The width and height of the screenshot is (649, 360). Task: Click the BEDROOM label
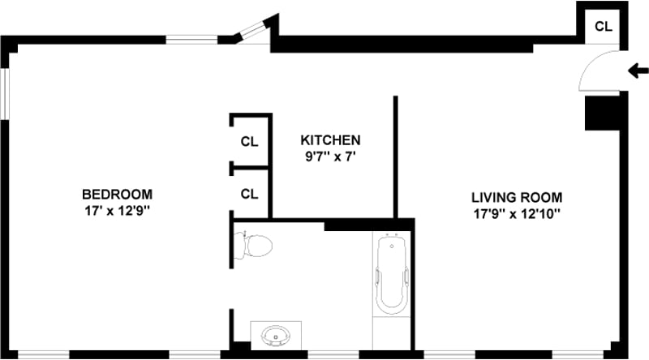coord(117,195)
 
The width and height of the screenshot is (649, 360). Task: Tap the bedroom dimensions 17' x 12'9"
coord(117,211)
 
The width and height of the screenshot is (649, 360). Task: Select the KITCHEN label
coord(330,139)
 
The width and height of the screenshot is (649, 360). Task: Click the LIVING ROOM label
coord(517,197)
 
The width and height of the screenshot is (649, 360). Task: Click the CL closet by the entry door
coord(603,26)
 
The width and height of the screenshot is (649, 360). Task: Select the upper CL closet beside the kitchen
coord(249,141)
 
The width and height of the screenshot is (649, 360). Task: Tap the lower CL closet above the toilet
coord(249,194)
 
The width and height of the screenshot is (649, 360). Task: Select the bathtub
coord(392,275)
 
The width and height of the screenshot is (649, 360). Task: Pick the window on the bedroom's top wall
coord(191,38)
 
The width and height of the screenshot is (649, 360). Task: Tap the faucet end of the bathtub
coord(392,242)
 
